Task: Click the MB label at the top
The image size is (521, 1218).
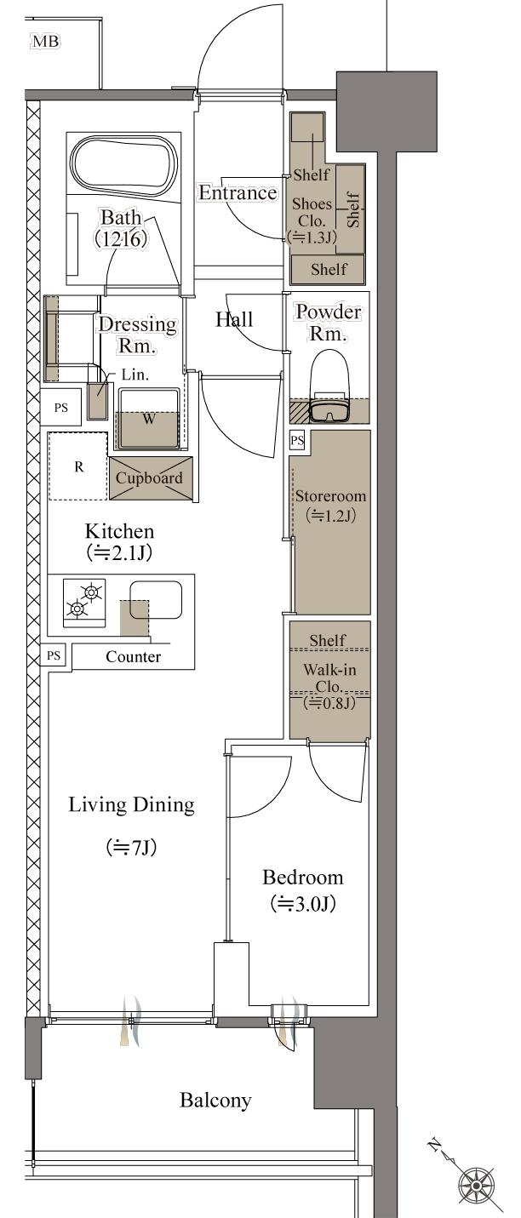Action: [x=46, y=42]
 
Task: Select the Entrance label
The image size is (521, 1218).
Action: [x=238, y=192]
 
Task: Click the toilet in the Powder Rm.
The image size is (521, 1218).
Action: [x=329, y=386]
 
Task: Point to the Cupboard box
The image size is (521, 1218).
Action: [x=151, y=478]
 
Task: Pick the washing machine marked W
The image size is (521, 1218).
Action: [x=149, y=418]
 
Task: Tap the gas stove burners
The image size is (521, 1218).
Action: [x=84, y=601]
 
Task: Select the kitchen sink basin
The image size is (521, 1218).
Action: [x=155, y=599]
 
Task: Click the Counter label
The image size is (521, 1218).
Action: [x=134, y=656]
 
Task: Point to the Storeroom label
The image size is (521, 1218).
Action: [x=330, y=496]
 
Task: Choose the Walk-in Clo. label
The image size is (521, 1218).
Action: [x=329, y=678]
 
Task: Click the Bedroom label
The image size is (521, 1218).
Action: [x=302, y=877]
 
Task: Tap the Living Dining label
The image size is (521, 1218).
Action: [x=132, y=804]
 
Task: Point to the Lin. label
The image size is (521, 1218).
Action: [x=135, y=375]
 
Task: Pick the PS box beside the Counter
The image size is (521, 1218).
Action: [x=54, y=655]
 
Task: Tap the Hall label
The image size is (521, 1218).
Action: [x=234, y=319]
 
